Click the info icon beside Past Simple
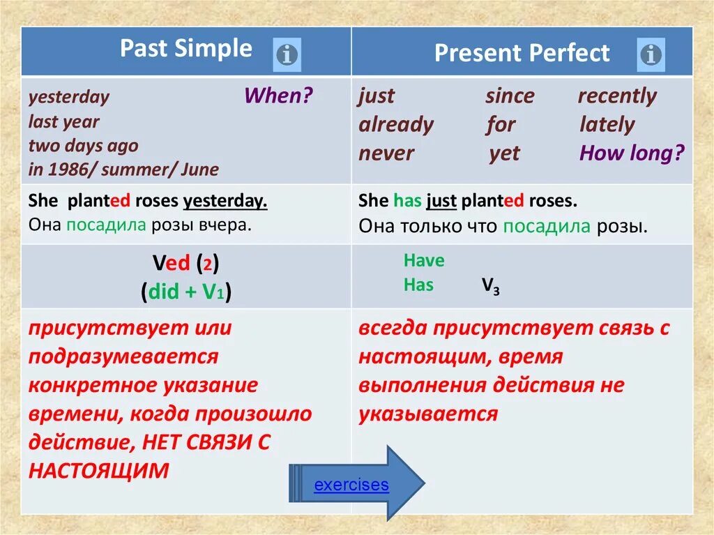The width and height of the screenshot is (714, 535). click(287, 55)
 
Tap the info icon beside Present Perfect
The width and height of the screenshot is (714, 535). click(651, 54)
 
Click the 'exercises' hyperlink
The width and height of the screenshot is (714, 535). click(351, 484)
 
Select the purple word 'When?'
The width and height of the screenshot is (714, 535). click(279, 96)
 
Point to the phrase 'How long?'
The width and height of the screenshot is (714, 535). click(632, 153)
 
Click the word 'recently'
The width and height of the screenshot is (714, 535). click(617, 97)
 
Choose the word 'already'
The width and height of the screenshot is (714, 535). click(396, 125)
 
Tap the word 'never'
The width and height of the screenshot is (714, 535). click(386, 153)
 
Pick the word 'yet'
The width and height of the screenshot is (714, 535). click(504, 154)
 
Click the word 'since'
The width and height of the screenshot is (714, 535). click(510, 96)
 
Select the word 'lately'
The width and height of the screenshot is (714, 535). click(607, 125)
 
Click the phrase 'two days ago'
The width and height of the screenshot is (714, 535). click(83, 146)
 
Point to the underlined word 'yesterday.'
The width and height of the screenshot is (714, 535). click(225, 201)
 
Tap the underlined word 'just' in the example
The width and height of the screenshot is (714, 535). click(441, 201)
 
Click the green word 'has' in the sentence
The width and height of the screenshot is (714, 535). click(407, 200)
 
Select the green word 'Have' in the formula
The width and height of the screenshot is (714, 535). click(424, 261)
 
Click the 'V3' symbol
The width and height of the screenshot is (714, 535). click(491, 286)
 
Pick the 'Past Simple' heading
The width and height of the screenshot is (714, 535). click(185, 48)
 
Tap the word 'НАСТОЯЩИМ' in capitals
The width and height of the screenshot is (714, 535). click(98, 471)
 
